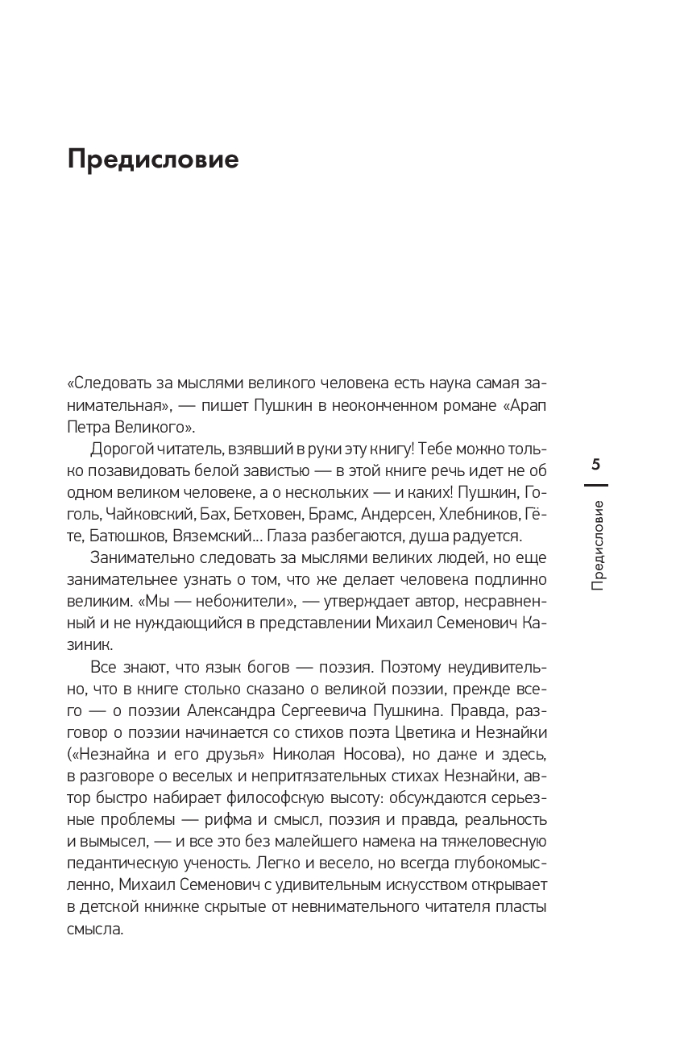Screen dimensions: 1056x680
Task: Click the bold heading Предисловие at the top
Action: pos(153,159)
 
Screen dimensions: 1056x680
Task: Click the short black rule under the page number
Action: pos(595,486)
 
